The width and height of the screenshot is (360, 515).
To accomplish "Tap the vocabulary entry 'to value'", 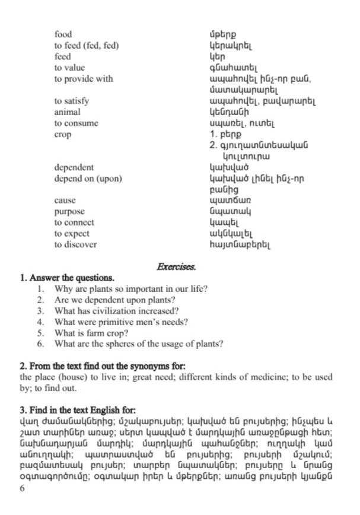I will (x=69, y=68).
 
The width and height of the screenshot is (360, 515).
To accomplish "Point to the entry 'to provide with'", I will (x=83, y=79).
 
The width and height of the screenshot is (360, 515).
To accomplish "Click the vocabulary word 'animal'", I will (x=67, y=112).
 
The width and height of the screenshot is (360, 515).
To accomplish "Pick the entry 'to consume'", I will (x=76, y=123).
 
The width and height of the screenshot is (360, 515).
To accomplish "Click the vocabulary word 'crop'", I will (x=62, y=135).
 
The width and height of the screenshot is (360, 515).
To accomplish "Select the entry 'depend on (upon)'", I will (x=88, y=178).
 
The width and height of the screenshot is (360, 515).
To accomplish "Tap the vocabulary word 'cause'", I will (x=65, y=201).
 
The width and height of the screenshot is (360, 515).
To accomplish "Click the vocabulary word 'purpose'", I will (x=69, y=211).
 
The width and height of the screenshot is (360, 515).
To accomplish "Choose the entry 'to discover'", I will (x=75, y=244).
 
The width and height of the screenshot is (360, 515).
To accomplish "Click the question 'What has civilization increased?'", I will (x=117, y=311).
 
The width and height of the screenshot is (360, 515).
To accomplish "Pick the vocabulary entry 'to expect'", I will (x=71, y=234).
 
